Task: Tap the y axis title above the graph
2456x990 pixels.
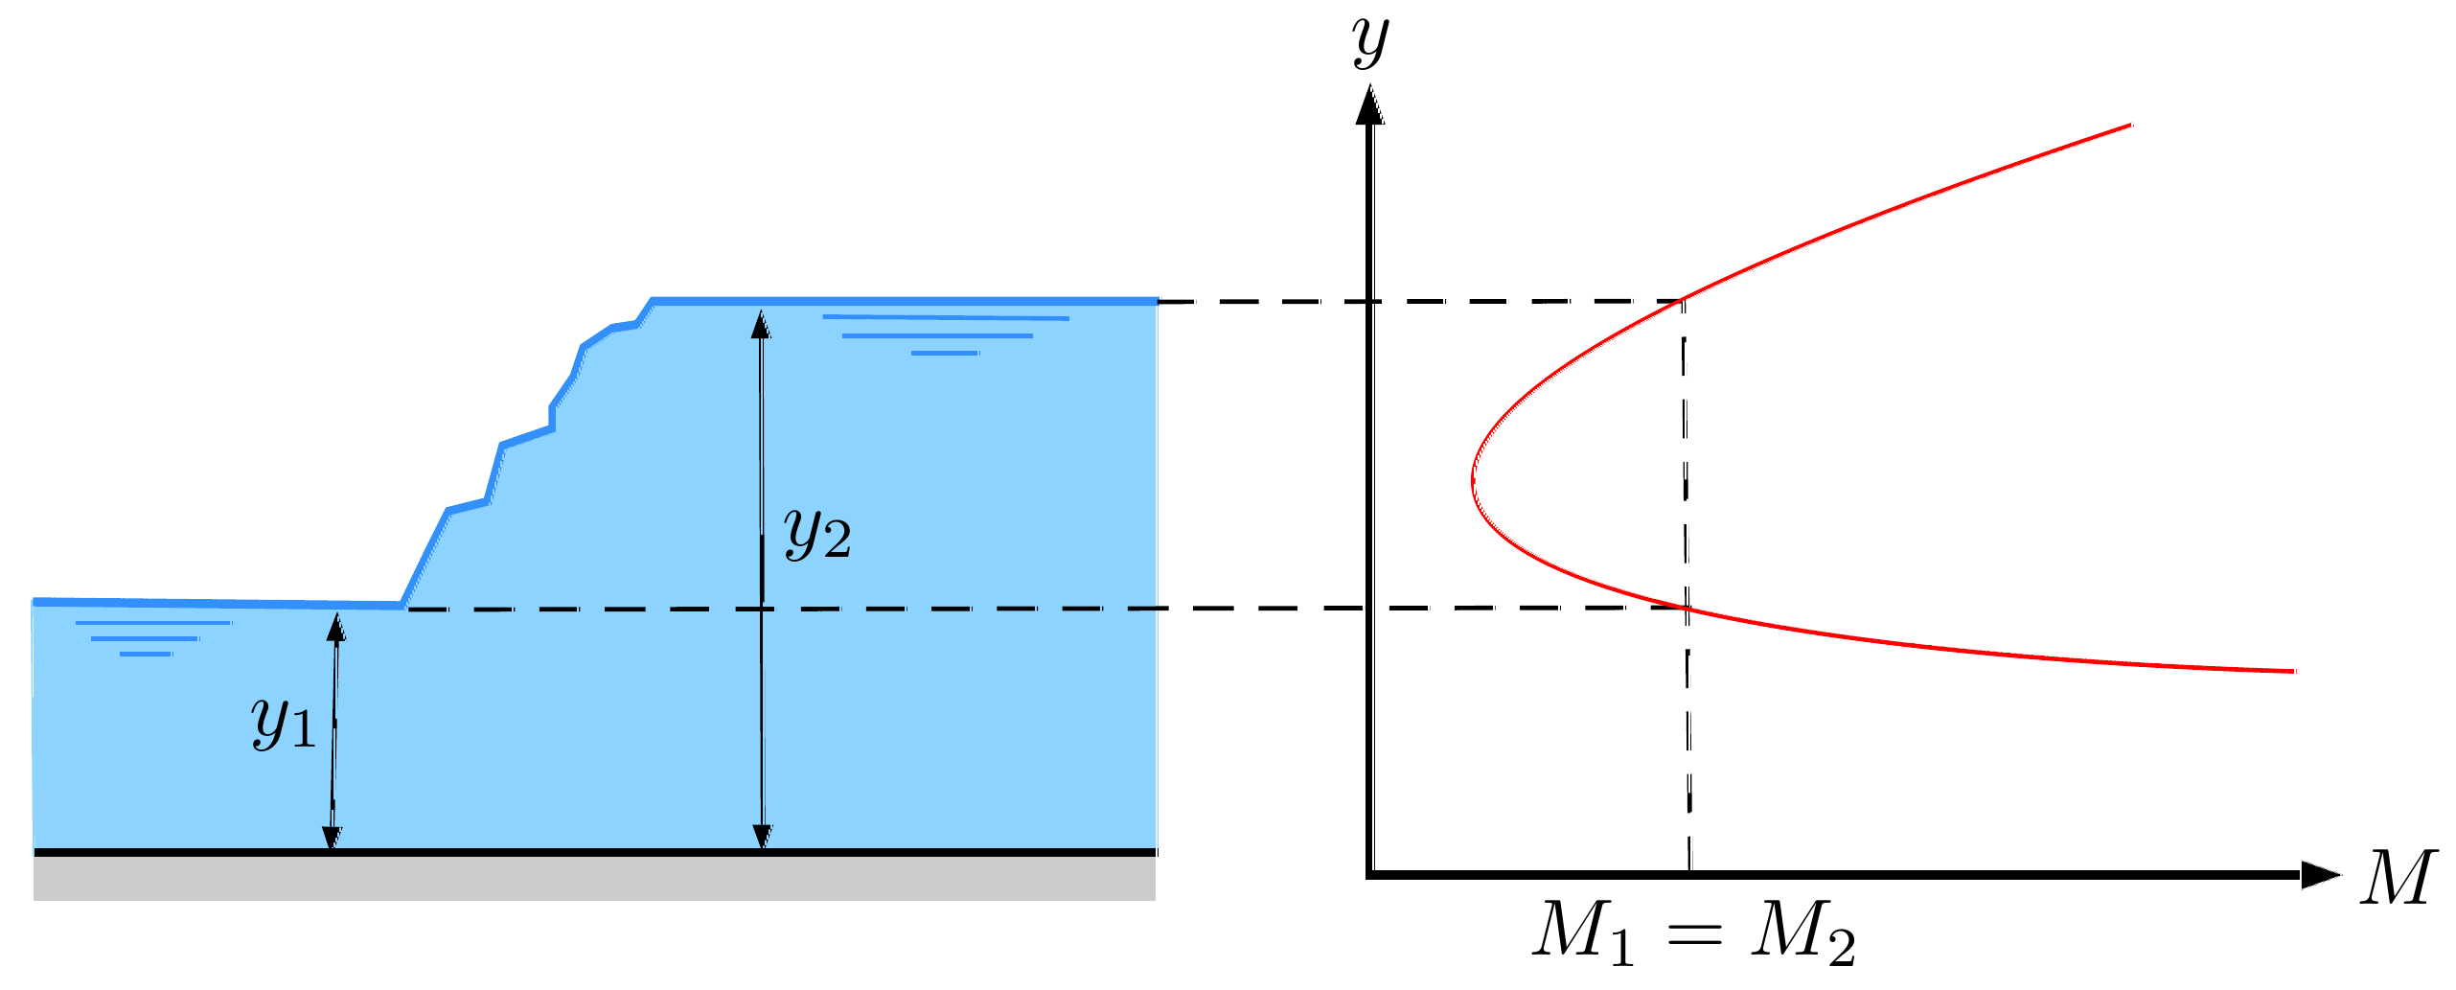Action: (1371, 42)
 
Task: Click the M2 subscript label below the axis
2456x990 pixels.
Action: (1803, 931)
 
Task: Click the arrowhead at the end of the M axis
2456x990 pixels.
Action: (2321, 875)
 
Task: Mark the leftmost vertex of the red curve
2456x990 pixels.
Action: (1473, 481)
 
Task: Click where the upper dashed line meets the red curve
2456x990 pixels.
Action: (1684, 301)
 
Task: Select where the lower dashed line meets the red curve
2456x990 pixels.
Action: (1687, 608)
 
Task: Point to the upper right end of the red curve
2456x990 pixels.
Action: (2130, 125)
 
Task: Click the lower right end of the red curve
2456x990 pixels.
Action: (2295, 671)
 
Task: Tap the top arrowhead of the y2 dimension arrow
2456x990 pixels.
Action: (761, 324)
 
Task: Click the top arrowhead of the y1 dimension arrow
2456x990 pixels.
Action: (335, 627)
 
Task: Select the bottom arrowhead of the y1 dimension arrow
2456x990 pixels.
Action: (331, 838)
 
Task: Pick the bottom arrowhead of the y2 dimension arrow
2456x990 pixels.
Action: (762, 838)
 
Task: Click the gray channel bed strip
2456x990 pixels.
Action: (594, 878)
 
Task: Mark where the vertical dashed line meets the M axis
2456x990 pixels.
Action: (1690, 873)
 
